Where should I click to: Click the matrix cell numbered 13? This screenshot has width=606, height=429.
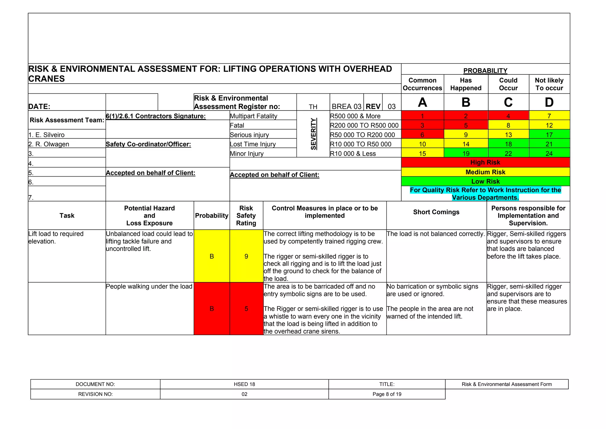tap(508, 135)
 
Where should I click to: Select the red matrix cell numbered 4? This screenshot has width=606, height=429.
tap(508, 116)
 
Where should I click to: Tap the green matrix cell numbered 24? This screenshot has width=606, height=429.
tap(549, 153)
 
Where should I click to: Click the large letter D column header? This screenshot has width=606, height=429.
tap(549, 103)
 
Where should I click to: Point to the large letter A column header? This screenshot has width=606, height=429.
tap(422, 103)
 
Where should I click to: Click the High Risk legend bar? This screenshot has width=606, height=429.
tap(485, 162)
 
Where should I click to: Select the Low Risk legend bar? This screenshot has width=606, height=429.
tap(485, 181)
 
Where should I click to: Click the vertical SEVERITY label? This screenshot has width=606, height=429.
tap(313, 134)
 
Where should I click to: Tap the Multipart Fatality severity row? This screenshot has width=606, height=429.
tap(254, 116)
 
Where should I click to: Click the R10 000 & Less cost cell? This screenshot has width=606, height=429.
tap(353, 154)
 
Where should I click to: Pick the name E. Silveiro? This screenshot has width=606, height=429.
tap(46, 135)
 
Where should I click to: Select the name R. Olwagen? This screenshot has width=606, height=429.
tap(49, 144)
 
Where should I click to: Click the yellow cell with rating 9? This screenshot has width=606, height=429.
tap(246, 256)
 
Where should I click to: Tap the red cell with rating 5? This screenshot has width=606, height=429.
tap(246, 309)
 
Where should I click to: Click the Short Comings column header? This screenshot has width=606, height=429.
tap(436, 212)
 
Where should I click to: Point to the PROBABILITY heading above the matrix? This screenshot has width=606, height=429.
tap(485, 71)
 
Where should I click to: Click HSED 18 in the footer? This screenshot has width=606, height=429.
tap(244, 384)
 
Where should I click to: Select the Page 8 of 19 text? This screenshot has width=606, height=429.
tap(387, 394)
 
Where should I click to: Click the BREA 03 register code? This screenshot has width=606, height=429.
tap(346, 106)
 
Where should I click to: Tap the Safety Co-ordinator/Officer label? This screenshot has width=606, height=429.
tap(148, 144)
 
